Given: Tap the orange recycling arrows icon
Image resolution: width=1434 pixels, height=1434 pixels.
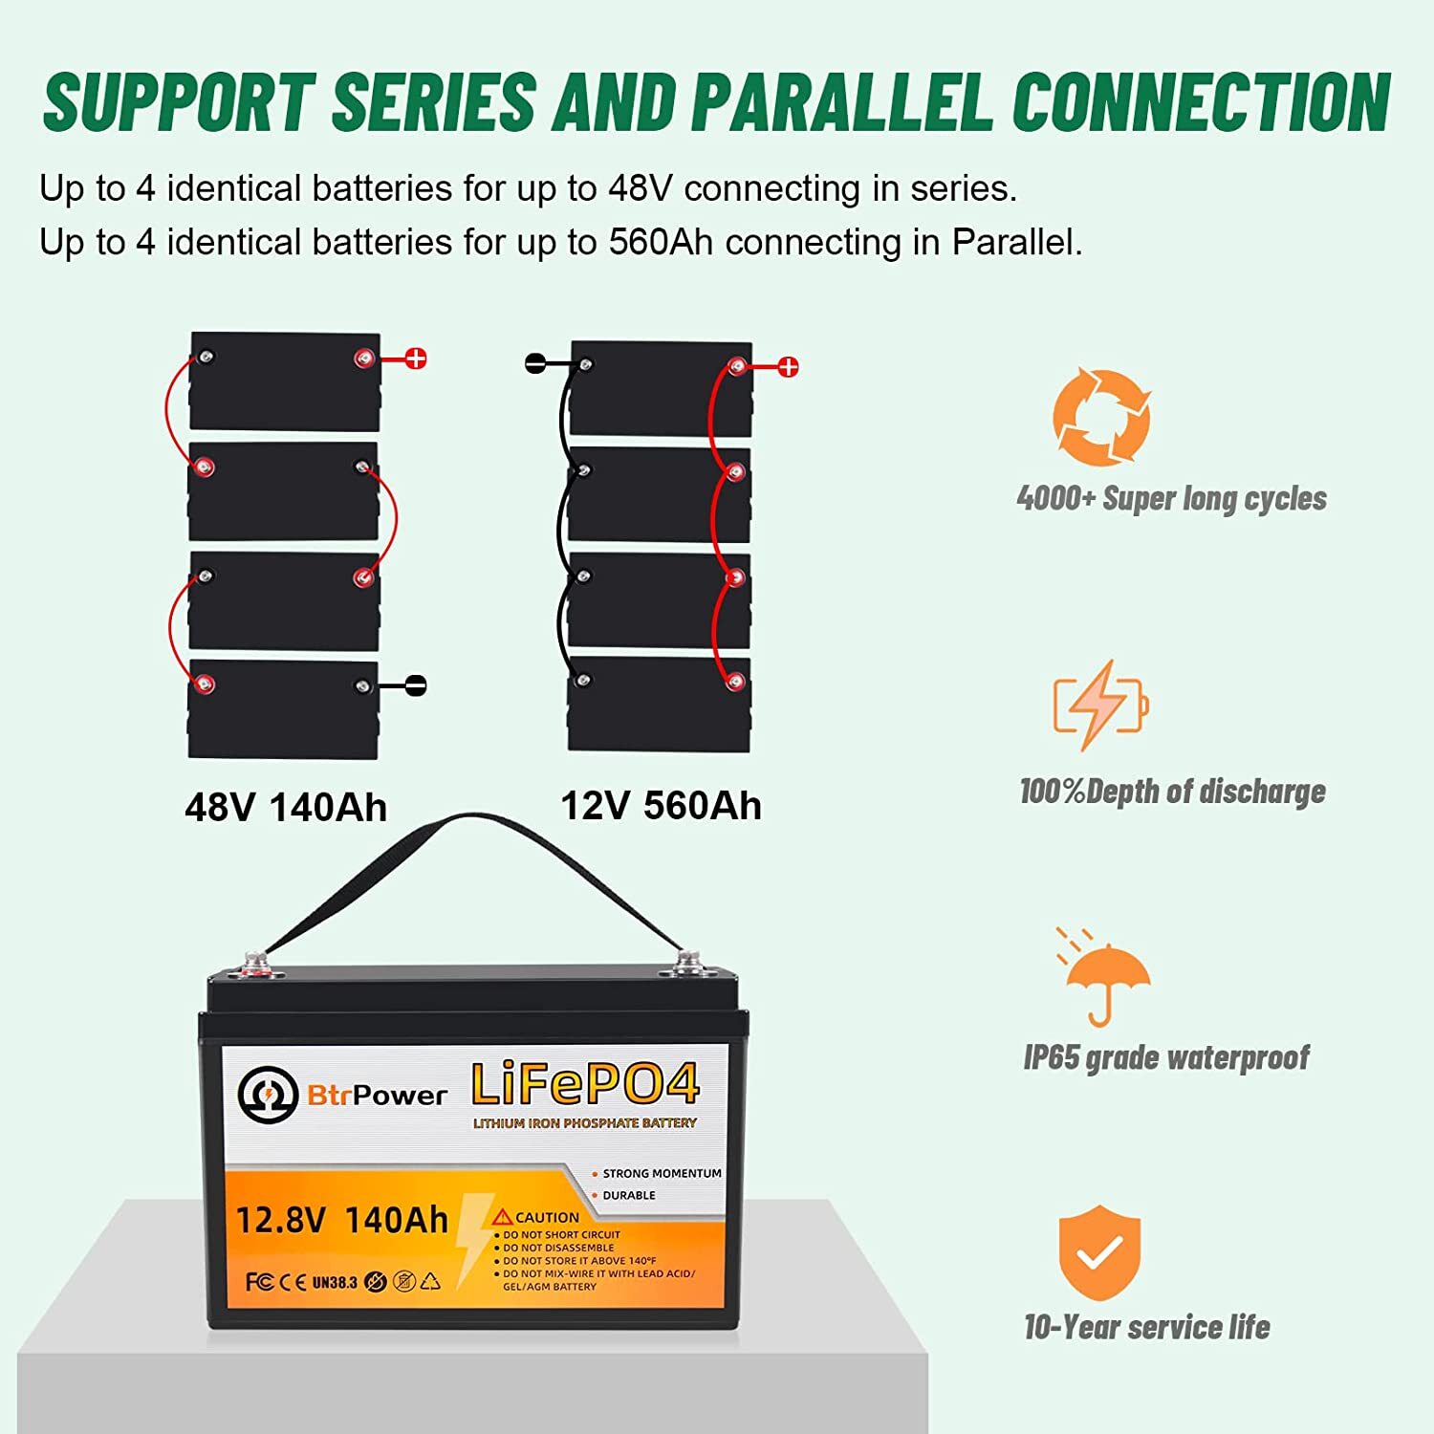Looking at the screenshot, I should (1101, 418).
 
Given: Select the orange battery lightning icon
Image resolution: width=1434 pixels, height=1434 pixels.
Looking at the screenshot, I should (1100, 706).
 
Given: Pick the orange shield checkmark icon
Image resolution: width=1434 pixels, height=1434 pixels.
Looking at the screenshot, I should (1099, 1251).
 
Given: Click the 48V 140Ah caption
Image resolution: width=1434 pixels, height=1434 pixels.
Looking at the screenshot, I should (286, 808).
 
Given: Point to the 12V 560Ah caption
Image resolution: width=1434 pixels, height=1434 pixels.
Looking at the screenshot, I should (661, 806).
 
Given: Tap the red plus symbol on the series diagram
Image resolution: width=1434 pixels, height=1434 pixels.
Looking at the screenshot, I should (416, 359).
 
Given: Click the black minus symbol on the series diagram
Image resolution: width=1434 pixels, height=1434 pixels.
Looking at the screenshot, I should (416, 685).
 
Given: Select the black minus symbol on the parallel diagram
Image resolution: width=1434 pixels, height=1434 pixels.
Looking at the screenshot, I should (536, 363).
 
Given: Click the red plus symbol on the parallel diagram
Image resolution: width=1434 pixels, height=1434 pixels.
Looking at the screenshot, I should (788, 367).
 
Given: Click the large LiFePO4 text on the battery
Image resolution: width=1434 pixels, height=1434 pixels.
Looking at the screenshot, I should (585, 1086).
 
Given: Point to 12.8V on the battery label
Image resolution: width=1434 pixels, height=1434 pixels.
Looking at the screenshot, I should (280, 1221).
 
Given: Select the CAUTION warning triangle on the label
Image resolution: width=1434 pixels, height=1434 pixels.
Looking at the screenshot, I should (503, 1217).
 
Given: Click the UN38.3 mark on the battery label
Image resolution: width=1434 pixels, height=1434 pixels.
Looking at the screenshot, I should (335, 1282).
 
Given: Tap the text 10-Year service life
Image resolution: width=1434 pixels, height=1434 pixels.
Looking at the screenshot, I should (1146, 1327).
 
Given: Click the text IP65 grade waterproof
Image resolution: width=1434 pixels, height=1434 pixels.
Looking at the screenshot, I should (1165, 1057).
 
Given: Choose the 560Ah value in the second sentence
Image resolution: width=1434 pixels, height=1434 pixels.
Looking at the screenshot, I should (661, 243).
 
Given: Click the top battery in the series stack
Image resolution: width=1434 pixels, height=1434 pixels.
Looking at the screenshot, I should (285, 381).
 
